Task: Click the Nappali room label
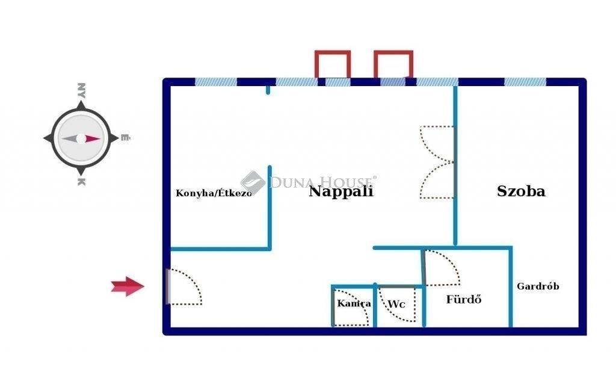[341, 192]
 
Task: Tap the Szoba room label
[521, 191]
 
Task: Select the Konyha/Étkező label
[214, 193]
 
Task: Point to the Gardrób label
[538, 286]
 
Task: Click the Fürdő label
[464, 300]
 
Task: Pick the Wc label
[396, 304]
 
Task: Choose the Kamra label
[354, 303]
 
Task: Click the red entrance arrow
[128, 286]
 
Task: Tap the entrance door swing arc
[185, 287]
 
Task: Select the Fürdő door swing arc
[441, 267]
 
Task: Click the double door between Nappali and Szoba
[437, 163]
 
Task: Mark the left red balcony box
[332, 64]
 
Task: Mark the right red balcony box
[393, 64]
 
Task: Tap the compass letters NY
[81, 90]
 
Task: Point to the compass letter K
[81, 182]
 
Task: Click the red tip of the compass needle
[100, 138]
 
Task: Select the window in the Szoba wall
[525, 82]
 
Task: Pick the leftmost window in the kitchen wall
[216, 82]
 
